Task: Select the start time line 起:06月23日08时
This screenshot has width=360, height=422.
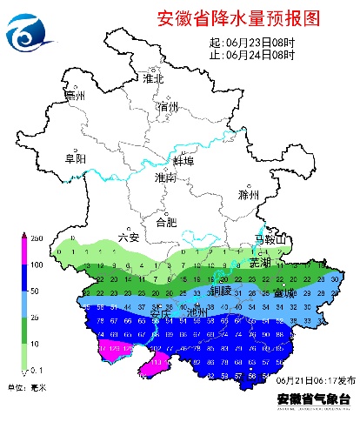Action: tap(252, 42)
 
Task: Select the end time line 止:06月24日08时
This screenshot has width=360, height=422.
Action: tap(252, 54)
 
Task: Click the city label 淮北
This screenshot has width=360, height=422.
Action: tap(153, 78)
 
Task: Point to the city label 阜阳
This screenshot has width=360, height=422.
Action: tap(77, 158)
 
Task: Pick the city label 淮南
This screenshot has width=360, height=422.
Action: tap(165, 178)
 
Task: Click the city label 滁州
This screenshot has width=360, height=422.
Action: tap(249, 195)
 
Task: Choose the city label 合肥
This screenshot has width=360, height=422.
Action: tap(165, 222)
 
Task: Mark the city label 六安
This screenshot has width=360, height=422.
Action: tap(128, 237)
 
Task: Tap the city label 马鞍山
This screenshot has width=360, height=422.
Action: tap(269, 239)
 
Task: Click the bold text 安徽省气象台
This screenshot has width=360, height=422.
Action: tap(315, 398)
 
